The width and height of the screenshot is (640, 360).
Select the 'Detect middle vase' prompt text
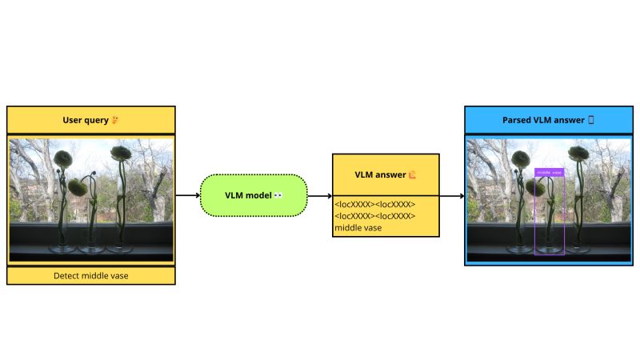(90, 276)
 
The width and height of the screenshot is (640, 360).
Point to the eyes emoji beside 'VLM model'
(278, 196)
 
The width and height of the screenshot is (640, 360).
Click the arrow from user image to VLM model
(187, 195)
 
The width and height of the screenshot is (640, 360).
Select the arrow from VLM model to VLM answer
(320, 195)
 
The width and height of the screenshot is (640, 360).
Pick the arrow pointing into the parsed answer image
(452, 195)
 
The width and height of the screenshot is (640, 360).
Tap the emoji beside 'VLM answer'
(413, 174)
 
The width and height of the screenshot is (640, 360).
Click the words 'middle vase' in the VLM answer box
(358, 228)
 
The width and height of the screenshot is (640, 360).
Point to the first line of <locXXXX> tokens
(375, 205)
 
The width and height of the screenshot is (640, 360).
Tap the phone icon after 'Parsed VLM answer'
(591, 121)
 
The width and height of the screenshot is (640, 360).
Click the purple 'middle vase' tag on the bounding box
(550, 172)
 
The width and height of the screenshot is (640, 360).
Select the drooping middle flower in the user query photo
(78, 187)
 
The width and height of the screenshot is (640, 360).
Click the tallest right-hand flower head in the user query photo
(121, 153)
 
